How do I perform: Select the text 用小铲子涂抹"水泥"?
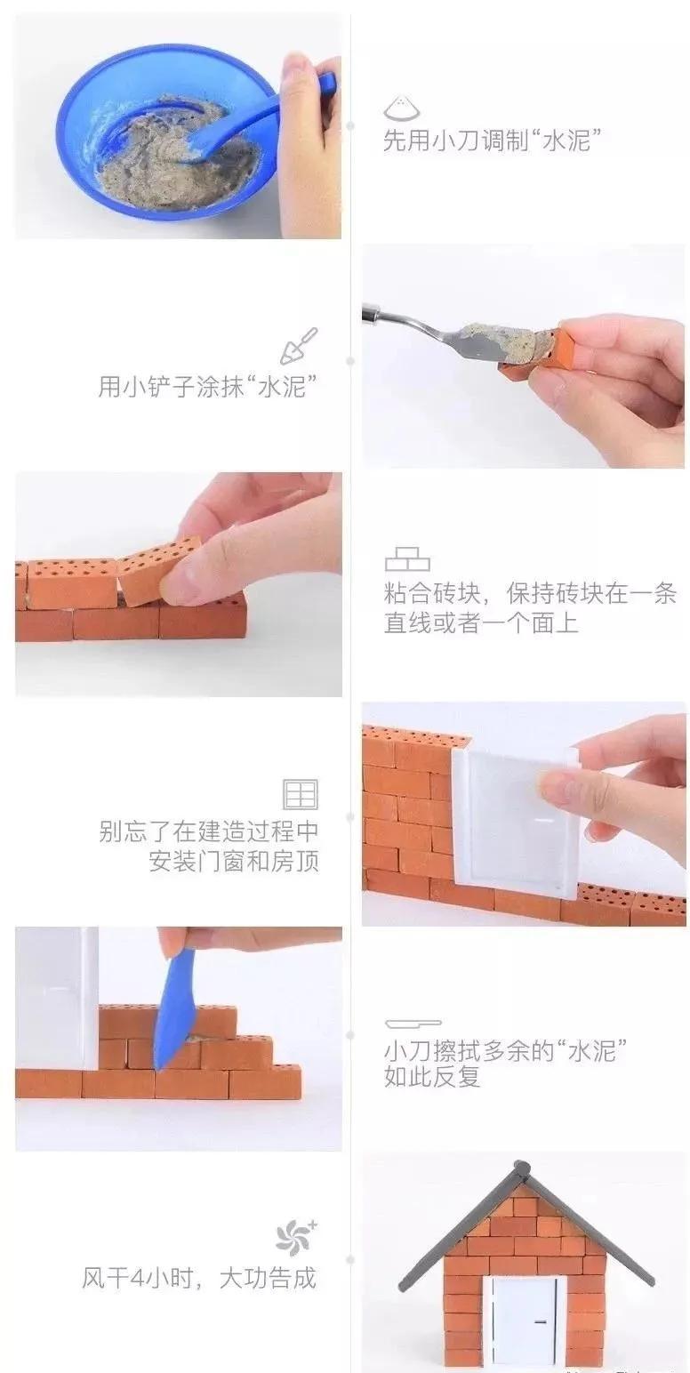point(208,387)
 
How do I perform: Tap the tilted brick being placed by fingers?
point(158,567)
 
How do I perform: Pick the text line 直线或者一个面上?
point(481,622)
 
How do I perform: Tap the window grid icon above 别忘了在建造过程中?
point(300,793)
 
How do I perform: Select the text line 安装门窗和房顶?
point(233,862)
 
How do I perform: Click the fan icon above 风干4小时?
point(295,1236)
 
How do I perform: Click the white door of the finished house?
point(523,1321)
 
